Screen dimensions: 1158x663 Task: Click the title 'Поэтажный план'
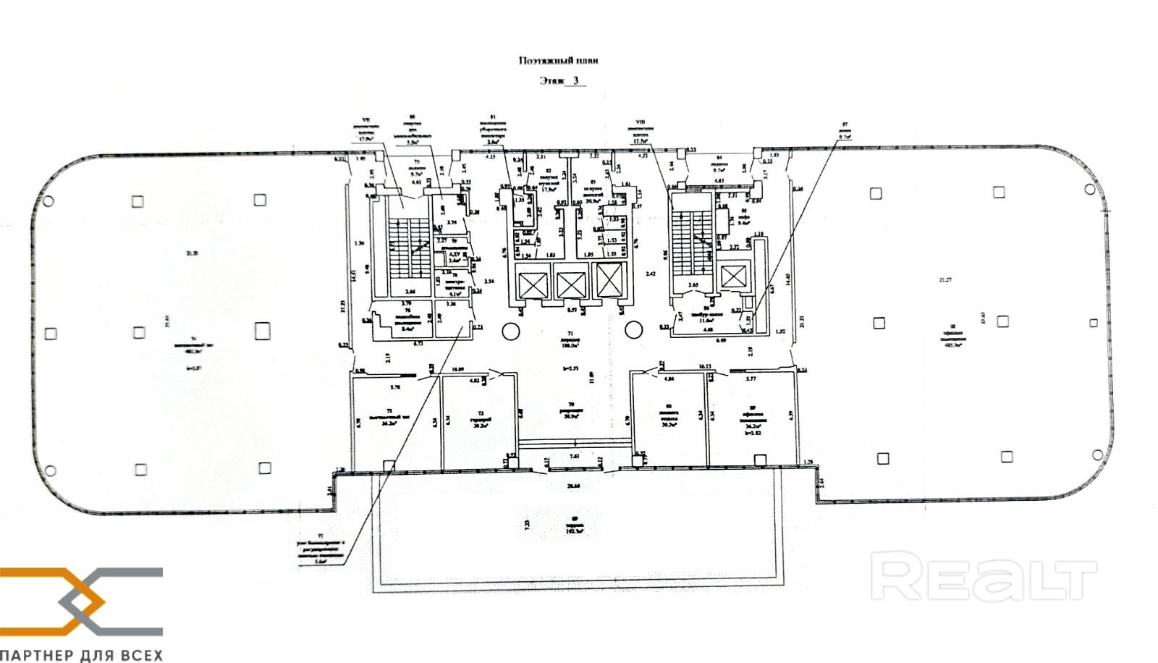559,62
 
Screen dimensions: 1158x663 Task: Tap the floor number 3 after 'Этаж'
576,81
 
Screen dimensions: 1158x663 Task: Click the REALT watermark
983,576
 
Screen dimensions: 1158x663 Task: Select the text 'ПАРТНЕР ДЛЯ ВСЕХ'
81,655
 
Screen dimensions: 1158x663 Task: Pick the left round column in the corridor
510,331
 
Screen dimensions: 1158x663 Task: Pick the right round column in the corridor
633,331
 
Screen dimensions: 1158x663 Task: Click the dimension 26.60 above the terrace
573,486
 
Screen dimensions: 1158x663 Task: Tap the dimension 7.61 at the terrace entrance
575,457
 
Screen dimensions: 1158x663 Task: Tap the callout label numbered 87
844,128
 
